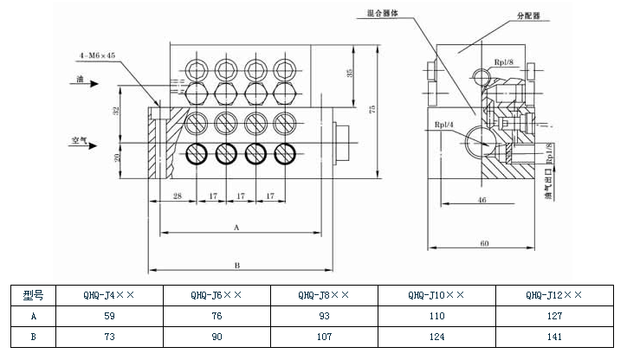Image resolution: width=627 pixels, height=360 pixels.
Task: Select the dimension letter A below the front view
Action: (236, 227)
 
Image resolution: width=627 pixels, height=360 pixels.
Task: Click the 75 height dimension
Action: (372, 109)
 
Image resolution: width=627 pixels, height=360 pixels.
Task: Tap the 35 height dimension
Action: (350, 75)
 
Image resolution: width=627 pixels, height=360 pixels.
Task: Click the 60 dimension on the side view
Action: (485, 243)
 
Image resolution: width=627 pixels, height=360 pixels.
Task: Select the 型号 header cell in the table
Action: (34, 296)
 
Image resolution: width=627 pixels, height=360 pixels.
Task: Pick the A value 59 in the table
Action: (109, 317)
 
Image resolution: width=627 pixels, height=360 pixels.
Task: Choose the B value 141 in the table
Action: (554, 337)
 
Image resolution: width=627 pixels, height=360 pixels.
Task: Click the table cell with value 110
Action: (436, 317)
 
